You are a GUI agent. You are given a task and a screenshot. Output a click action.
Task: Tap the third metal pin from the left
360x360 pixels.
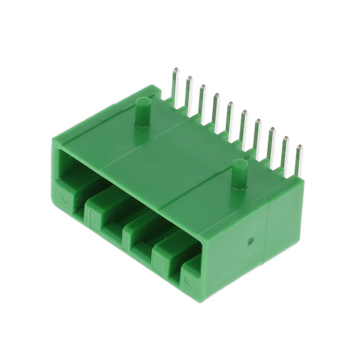point(203,100)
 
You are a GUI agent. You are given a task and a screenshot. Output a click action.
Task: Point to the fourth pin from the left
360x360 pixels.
point(217,107)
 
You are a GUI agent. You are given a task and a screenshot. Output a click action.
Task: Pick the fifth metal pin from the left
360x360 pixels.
point(230,115)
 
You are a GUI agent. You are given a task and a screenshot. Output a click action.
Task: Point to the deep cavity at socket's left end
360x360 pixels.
point(73,169)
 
